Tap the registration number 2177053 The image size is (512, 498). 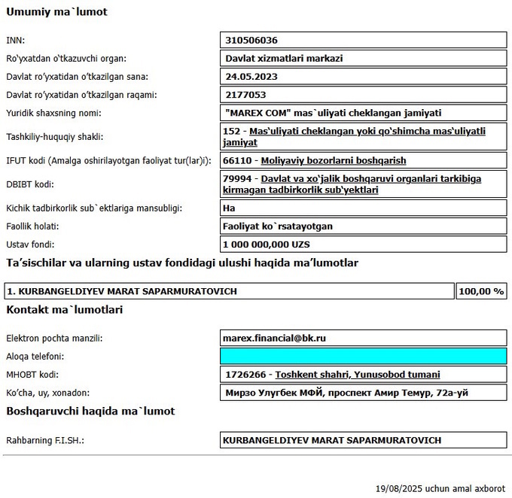[x=246, y=95]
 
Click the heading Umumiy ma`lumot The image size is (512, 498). [x=56, y=12]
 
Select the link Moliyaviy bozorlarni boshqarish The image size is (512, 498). [x=334, y=160]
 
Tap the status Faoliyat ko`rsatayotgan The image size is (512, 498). [x=279, y=226]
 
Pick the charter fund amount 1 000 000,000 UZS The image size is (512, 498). [x=267, y=244]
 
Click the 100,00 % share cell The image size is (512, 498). [x=482, y=291]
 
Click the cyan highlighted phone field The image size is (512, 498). [x=364, y=357]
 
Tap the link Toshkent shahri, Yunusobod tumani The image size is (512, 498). [x=358, y=375]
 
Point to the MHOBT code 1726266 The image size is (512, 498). [x=245, y=375]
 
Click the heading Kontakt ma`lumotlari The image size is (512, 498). [x=65, y=309]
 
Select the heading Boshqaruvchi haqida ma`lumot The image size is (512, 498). [x=90, y=411]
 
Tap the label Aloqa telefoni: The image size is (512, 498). [x=35, y=357]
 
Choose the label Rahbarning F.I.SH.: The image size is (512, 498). [x=45, y=440]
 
